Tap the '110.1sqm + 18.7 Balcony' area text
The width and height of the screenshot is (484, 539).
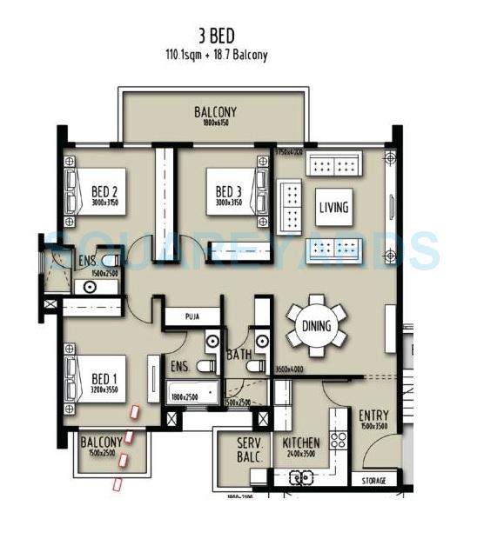[216, 55]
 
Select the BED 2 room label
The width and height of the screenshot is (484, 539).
[104, 192]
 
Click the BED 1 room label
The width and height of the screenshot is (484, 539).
[105, 379]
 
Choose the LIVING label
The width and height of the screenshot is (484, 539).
[333, 208]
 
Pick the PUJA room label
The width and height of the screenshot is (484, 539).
[191, 318]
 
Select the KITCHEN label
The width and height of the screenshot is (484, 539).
[300, 443]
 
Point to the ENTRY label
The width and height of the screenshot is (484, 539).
[373, 416]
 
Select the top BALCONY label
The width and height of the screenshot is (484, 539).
[215, 113]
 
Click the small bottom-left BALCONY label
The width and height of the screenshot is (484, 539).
[102, 443]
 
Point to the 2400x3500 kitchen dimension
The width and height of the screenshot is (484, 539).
[300, 453]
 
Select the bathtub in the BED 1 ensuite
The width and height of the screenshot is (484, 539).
[191, 390]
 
